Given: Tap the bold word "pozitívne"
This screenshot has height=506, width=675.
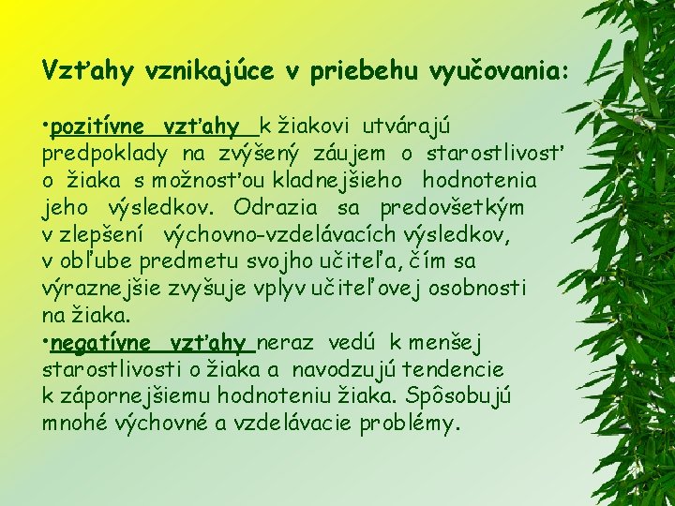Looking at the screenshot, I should [x=97, y=126].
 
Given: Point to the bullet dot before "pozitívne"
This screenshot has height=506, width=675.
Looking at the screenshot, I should [x=46, y=126].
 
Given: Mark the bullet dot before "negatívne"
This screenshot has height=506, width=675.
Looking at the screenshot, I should [x=46, y=344].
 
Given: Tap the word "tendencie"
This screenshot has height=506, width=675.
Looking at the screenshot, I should [x=453, y=369].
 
